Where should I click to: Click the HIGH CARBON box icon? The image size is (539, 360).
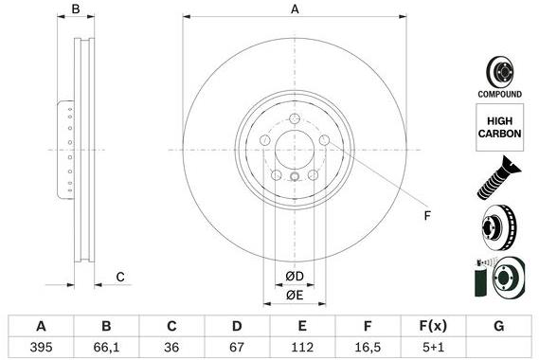pyautogui.click(x=499, y=127)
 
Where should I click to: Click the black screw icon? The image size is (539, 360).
pyautogui.click(x=499, y=178)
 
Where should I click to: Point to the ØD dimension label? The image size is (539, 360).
pyautogui.click(x=295, y=277)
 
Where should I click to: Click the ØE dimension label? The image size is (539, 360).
pyautogui.click(x=295, y=296)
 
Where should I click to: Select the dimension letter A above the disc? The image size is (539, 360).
pyautogui.click(x=295, y=9)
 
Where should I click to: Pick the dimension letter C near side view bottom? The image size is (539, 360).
pyautogui.click(x=120, y=277)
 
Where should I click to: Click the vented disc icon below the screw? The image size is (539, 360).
pyautogui.click(x=499, y=228)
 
